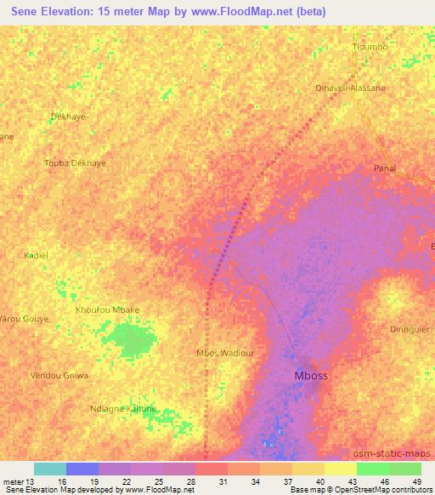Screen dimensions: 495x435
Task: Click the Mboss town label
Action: (x=310, y=375)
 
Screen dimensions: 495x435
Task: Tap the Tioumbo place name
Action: (x=370, y=47)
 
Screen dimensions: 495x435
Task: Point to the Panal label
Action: (x=386, y=168)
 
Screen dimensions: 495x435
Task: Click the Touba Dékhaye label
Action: (x=75, y=162)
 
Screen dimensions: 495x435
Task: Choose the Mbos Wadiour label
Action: (x=225, y=352)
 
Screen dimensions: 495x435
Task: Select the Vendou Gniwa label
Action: (x=59, y=375)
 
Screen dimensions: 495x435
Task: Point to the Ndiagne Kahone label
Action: (x=123, y=409)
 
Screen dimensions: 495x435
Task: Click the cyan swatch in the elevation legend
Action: (x=50, y=469)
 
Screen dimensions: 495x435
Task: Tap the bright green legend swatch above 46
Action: (x=373, y=469)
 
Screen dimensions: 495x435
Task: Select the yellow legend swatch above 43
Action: (x=341, y=469)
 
